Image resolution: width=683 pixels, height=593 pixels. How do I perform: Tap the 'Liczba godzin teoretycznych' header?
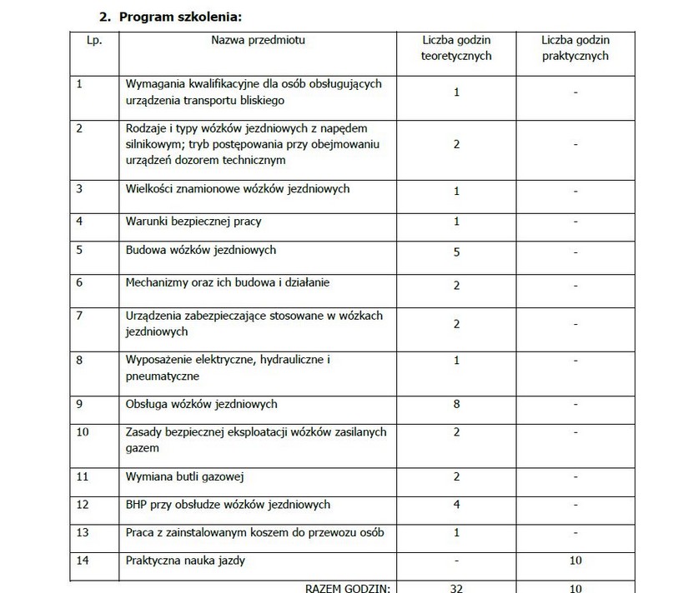pos(456,48)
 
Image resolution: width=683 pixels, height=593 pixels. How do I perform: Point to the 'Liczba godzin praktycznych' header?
pos(575,48)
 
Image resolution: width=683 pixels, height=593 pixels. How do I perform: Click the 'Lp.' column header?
pos(93,41)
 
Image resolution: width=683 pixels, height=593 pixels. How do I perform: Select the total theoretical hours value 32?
pos(457,588)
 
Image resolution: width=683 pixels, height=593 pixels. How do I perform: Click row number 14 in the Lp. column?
pos(82,561)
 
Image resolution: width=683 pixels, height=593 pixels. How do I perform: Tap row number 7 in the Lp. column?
pos(79,316)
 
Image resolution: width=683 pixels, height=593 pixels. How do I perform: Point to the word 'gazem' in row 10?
pos(142,448)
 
